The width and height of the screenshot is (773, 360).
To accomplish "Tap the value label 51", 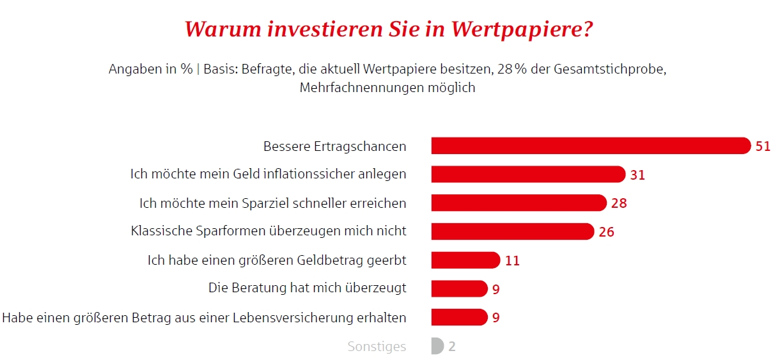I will [763, 146].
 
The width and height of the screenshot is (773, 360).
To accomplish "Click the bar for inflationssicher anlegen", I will [527, 174].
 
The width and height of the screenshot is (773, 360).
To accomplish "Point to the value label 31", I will [637, 175].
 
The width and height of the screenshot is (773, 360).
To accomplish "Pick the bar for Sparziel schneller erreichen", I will [518, 203].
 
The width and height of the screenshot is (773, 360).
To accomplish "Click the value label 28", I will [618, 203].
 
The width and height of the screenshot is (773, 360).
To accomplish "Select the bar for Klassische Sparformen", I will [512, 231].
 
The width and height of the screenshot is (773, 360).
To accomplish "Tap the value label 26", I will [606, 231].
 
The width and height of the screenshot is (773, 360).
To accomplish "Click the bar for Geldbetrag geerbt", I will [465, 260].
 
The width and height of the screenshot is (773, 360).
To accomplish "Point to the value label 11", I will [511, 260].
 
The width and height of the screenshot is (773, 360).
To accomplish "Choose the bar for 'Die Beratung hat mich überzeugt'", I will [458, 288].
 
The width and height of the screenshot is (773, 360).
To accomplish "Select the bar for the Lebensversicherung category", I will [458, 317].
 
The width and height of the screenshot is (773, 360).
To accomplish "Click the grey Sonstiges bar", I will [437, 347].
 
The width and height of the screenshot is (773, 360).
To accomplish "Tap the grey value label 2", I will [452, 347].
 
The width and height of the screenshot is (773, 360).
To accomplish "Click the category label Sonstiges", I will [377, 347].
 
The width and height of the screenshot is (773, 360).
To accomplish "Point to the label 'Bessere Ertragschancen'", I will [334, 146].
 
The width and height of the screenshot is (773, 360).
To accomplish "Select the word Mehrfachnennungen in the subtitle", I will [358, 88].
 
